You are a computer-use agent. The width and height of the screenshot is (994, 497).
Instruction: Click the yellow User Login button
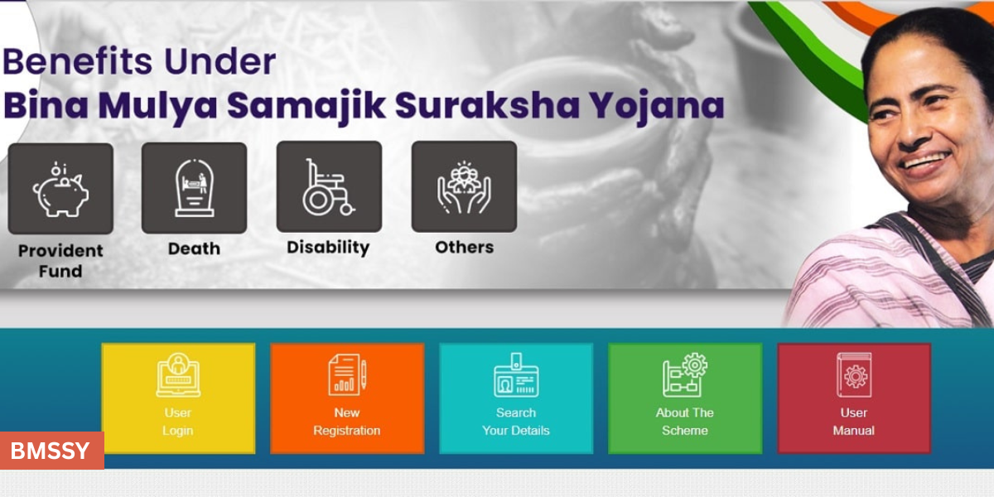coord(178,398)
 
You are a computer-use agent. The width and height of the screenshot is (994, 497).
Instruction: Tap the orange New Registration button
coord(347,398)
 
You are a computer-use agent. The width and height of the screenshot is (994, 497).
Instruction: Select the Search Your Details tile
coord(516,398)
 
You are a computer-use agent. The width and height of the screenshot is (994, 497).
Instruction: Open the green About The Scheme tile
coord(685,398)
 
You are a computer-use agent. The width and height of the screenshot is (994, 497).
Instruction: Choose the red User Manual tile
coord(854,398)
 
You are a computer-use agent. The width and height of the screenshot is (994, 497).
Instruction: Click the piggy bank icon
coord(60,189)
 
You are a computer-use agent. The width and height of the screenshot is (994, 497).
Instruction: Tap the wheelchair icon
coord(329,187)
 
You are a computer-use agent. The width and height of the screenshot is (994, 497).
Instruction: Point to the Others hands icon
coord(464,186)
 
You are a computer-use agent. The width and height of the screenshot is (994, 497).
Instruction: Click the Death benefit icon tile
coord(194,188)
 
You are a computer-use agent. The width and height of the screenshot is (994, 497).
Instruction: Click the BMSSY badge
coord(51,451)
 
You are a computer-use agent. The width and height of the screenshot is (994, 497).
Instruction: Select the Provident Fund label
coord(60,260)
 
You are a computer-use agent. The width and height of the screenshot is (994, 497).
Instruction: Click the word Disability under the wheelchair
coord(328,248)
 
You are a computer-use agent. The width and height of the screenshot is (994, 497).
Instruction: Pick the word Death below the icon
coord(194,248)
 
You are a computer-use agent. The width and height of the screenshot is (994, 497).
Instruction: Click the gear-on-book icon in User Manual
coord(854,375)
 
